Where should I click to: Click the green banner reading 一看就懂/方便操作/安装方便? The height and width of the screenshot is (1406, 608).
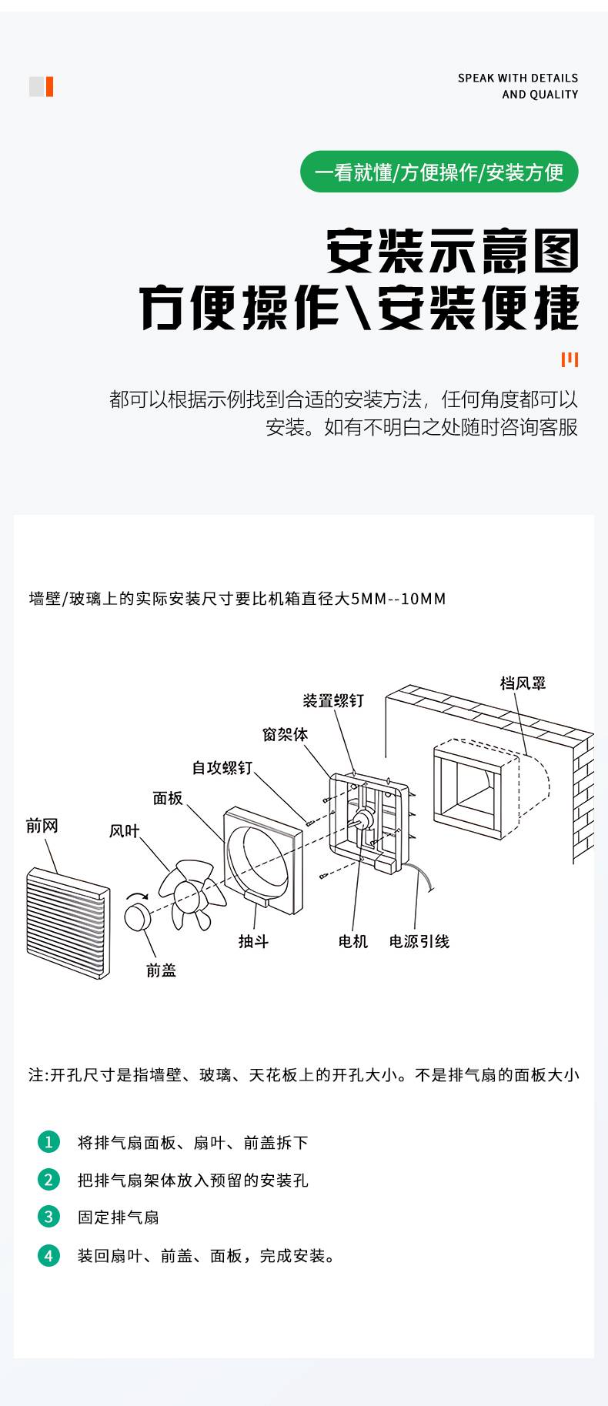[x=439, y=172]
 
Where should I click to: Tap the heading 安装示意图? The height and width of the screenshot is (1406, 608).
[x=453, y=251]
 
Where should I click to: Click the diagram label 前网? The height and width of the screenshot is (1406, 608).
[x=42, y=826]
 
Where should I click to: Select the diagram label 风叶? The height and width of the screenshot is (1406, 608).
[x=124, y=831]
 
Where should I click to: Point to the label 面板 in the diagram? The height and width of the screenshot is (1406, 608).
[x=168, y=798]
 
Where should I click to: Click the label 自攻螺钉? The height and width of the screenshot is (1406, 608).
[x=222, y=767]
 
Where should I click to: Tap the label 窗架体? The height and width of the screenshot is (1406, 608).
[x=285, y=734]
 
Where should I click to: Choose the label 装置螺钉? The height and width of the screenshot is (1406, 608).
[x=333, y=700]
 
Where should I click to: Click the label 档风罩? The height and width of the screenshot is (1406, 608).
[x=523, y=683]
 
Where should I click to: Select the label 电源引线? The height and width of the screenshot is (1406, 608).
[x=419, y=941]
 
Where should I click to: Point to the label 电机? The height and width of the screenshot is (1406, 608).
[x=353, y=941]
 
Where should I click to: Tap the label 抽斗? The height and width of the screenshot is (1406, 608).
[x=253, y=941]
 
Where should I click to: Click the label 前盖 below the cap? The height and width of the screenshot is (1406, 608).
[x=162, y=970]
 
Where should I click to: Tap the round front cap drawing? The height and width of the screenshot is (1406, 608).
[x=138, y=917]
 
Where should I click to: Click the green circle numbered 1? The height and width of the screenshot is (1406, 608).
[x=48, y=1141]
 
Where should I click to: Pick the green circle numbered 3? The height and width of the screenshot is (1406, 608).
[x=48, y=1217]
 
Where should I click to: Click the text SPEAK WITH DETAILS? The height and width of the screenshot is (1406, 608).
[x=518, y=78]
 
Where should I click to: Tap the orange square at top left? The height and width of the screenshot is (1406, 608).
[x=49, y=87]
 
